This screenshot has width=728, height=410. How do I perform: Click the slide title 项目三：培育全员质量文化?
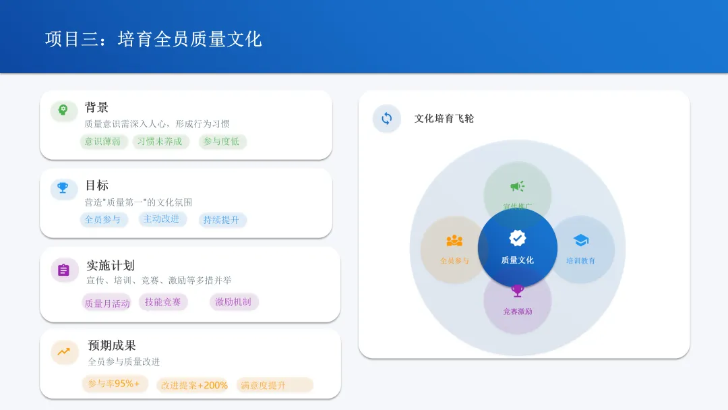pos(153,38)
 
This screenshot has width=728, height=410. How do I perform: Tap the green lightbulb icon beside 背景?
pos(63,110)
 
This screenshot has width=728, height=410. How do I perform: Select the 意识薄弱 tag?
pos(102,142)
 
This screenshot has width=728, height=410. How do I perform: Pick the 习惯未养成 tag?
pos(160,142)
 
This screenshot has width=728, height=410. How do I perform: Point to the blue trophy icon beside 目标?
pos(63,188)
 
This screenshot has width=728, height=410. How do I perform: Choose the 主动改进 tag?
pos(161,219)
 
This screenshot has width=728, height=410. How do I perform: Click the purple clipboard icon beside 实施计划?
pos(64,270)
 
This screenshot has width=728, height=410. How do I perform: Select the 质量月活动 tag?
pos(107,303)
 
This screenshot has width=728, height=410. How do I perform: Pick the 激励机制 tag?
pos(233,302)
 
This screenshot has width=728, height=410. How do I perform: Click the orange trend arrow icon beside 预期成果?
pos(64,351)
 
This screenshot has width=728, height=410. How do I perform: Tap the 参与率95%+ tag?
pos(114,384)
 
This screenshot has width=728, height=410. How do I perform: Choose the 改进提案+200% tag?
pos(193,385)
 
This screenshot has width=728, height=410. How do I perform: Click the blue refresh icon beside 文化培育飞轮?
pos(387,119)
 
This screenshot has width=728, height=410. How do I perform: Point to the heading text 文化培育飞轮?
pos(444,119)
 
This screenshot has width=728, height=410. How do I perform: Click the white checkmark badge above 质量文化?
pos(518,238)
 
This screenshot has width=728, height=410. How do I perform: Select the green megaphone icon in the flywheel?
pos(517,186)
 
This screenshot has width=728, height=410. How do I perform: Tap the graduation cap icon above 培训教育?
pos(581,241)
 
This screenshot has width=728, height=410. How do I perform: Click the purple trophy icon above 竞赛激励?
pos(518,291)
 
